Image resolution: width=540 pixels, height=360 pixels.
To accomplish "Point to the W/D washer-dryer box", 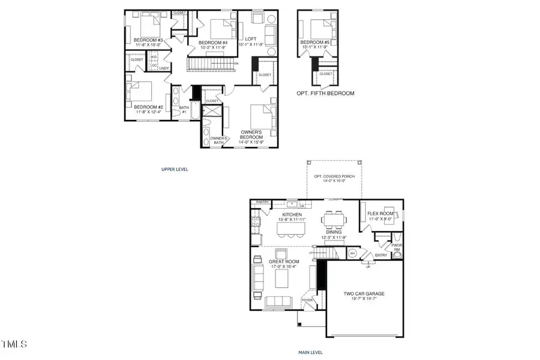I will coord(154,60).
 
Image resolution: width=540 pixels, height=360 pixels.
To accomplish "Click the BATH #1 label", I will coord(184,110).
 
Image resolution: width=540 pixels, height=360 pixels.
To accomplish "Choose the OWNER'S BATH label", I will coord(217,140).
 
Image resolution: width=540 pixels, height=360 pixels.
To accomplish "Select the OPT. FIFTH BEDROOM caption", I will coord(325,94).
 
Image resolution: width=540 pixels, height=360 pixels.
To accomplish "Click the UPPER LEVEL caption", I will coord(175,170).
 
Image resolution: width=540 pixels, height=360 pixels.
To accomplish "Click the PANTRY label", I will coord(262,203).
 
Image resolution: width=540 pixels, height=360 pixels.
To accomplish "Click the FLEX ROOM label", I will coord(380,214).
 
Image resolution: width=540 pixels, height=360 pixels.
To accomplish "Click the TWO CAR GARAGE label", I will coord(364,294).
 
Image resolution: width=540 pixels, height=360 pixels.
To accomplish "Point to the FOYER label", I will coord(307,300).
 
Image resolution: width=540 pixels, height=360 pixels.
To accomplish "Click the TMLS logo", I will coord(14,344).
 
